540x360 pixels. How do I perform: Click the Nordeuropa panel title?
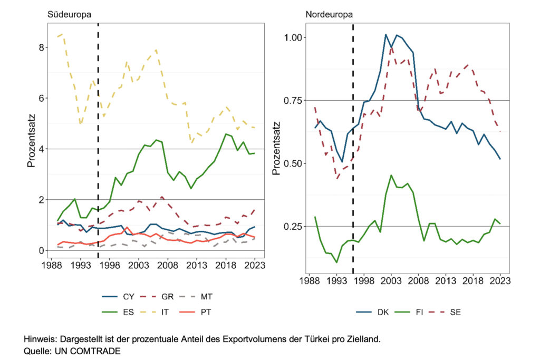click(x=329, y=14)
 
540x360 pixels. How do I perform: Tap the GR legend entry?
click(x=165, y=297)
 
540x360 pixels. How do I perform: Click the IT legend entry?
click(x=165, y=312)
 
